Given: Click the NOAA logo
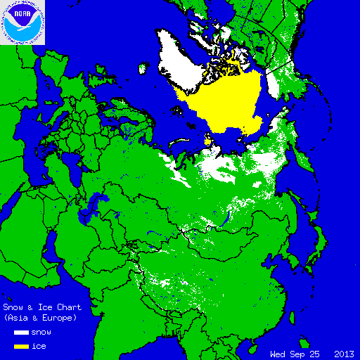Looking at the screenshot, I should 22,22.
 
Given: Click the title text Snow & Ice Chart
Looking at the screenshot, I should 42,307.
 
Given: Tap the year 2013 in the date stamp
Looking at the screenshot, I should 344,353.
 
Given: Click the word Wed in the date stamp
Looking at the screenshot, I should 279,353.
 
